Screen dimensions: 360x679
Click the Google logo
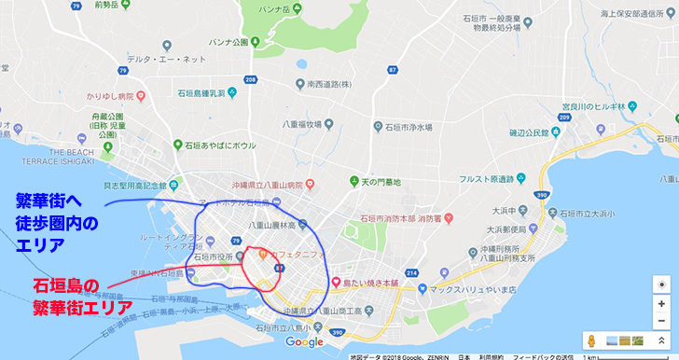tap(304, 342)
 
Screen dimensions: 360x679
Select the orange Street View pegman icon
tap(589, 340)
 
